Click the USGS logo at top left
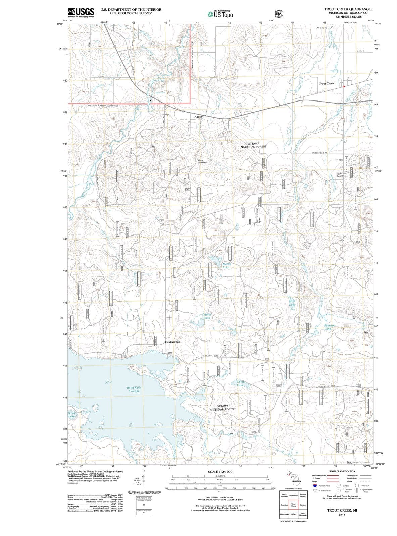pos(81,12)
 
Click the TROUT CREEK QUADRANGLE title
pos(348,9)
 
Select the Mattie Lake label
pos(226,266)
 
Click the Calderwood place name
pos(172,342)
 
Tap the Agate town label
pos(198,117)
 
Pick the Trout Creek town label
pos(326,83)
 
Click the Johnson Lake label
pos(329,327)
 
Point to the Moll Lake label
pos(292,303)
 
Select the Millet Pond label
pos(207,316)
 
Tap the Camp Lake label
pos(241,383)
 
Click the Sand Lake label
pos(71,415)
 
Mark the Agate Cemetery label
pos(202,161)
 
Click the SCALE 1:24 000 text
pos(220,471)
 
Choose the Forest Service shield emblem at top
pos(278,14)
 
